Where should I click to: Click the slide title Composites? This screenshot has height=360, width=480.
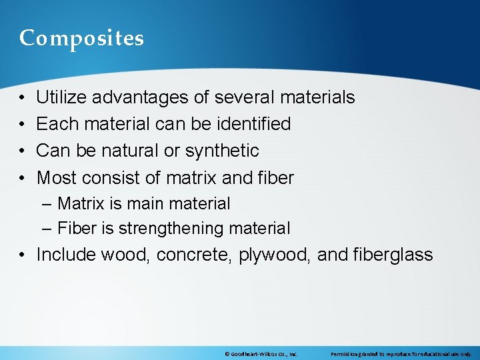point(81,39)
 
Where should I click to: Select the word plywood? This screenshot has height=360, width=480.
point(275,255)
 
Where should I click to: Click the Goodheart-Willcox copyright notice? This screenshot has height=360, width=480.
point(261,354)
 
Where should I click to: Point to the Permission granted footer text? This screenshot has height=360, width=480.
point(401,354)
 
